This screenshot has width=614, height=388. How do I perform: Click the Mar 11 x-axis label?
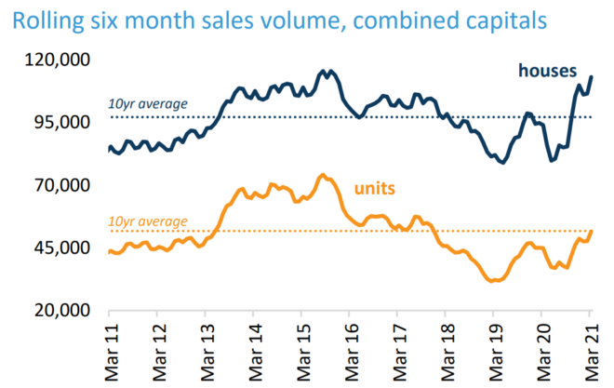pos(110,352)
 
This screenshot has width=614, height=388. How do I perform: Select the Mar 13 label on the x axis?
pos(206,352)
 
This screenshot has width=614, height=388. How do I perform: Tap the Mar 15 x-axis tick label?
pos(301,352)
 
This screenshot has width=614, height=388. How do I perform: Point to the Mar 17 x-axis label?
pos(397,352)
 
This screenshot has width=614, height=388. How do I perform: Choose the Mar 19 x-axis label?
pos(493,352)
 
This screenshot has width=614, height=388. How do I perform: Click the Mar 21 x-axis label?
pos(590,352)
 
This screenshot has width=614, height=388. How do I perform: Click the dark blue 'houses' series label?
pos(547,71)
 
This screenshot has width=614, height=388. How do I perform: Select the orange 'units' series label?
pos(375,188)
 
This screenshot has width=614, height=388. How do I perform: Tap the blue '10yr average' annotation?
pos(148,103)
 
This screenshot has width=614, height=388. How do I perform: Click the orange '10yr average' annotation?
pos(148,221)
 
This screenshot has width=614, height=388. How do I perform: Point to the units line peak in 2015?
pos(322,175)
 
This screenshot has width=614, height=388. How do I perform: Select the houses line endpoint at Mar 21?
pos(592,76)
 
